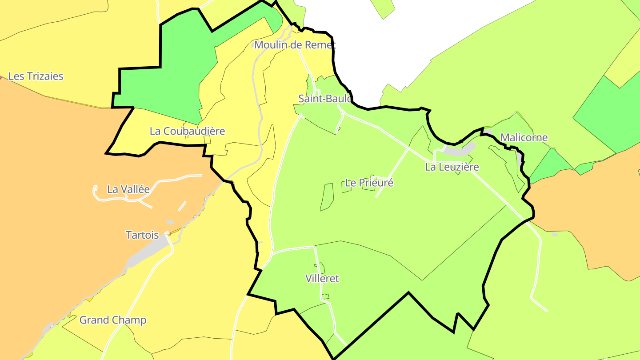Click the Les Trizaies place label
tap(36, 76)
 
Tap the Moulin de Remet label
tap(295, 45)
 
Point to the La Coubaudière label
tap(187, 131)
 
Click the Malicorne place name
tap(524, 137)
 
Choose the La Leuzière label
tap(452, 167)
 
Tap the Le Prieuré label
tap(369, 183)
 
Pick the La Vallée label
tap(128, 189)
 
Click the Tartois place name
tap(142, 235)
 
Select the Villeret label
tap(322, 279)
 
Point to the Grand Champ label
tap(113, 320)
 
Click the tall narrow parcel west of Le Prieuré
tap(327, 196)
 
